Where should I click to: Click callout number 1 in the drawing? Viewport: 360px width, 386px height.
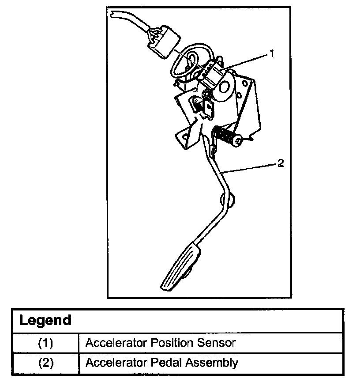point(272,53)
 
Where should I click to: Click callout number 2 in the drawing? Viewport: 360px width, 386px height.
point(281,163)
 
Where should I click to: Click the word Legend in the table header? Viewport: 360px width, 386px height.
point(45,320)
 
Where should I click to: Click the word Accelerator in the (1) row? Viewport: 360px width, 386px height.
point(116,343)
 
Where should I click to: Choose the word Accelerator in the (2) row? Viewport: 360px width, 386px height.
point(116,363)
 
